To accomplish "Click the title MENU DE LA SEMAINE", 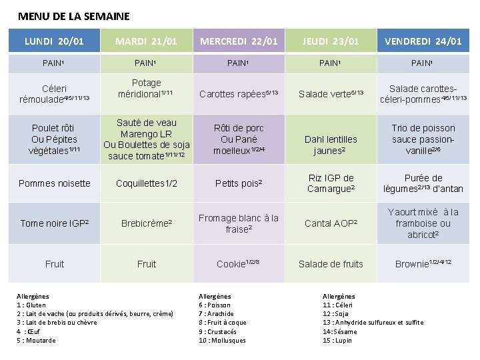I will (x=74, y=16).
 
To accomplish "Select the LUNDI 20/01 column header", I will (x=54, y=41).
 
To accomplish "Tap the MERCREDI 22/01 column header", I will (x=239, y=41).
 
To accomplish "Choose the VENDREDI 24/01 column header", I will (x=423, y=41).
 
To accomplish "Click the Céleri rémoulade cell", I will (x=54, y=94).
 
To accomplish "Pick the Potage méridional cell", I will (x=147, y=88).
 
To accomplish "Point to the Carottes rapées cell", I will (x=239, y=94).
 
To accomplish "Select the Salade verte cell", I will (x=331, y=94).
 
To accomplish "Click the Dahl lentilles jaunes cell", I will (x=331, y=145).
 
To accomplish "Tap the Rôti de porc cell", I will (x=239, y=139).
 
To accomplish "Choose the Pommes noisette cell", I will (x=54, y=183).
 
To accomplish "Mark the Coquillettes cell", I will (x=147, y=183).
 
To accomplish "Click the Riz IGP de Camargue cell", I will (x=331, y=183).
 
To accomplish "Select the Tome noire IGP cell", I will (x=54, y=223).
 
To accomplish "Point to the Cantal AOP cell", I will (x=331, y=223).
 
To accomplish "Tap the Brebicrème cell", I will (x=147, y=223).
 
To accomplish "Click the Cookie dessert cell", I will (x=239, y=264).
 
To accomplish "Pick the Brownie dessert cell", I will (x=423, y=264).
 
